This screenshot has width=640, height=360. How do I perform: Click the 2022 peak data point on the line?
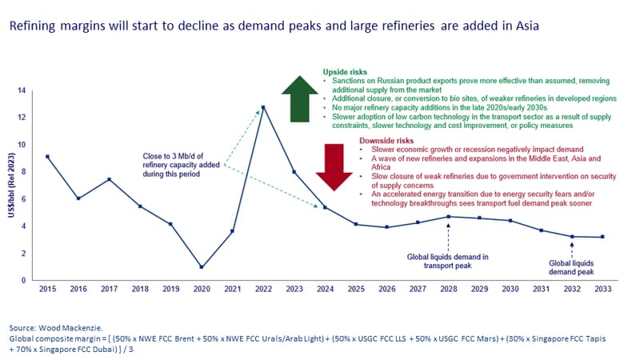click(x=263, y=108)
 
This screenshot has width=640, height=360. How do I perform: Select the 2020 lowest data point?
click(x=202, y=267)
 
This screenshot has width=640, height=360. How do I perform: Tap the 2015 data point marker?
click(x=48, y=157)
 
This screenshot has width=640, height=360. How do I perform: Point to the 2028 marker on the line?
click(x=449, y=217)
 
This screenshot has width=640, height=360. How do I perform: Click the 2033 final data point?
click(x=603, y=237)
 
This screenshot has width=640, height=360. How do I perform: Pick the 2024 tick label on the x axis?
click(x=326, y=289)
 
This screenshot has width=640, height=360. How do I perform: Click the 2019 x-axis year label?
click(x=171, y=289)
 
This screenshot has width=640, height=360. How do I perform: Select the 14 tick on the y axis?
click(x=22, y=90)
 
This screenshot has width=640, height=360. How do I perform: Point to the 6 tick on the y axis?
click(x=24, y=198)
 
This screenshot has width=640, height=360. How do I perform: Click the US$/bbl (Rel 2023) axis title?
click(x=11, y=185)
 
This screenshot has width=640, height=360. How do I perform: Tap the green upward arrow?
click(x=299, y=98)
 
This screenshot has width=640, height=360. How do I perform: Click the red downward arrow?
click(x=334, y=167)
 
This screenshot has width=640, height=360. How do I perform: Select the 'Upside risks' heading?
click(x=345, y=72)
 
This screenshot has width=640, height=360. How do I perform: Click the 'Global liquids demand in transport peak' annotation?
click(x=447, y=262)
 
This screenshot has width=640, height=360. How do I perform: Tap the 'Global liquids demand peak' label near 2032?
click(x=571, y=268)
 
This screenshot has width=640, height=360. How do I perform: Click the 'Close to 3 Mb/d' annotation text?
click(x=181, y=165)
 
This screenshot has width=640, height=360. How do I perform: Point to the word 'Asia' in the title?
click(x=527, y=26)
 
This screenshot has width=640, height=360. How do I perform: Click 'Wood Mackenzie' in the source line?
click(x=70, y=328)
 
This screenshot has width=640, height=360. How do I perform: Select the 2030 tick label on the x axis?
click(x=510, y=289)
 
